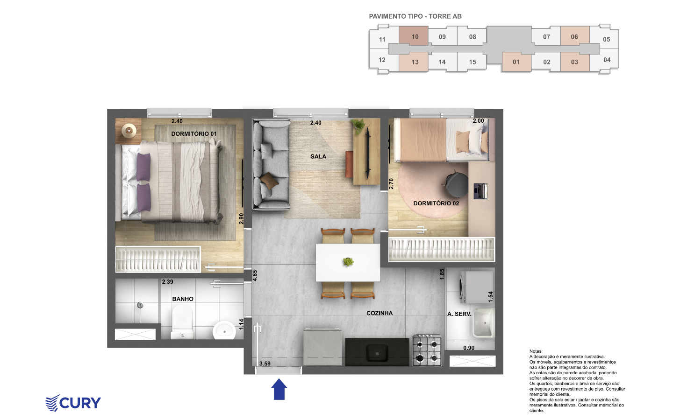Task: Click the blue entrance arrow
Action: pyautogui.click(x=279, y=389)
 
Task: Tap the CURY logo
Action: pyautogui.click(x=73, y=403)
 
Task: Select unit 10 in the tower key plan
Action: pyautogui.click(x=414, y=36)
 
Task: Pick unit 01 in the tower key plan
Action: pyautogui.click(x=516, y=62)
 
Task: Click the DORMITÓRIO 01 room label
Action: pyautogui.click(x=194, y=134)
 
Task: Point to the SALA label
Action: pyautogui.click(x=318, y=156)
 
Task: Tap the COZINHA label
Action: pyautogui.click(x=379, y=313)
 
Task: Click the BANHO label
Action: pyautogui.click(x=183, y=299)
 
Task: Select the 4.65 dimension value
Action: pyautogui.click(x=255, y=276)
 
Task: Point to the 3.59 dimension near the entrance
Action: pyautogui.click(x=265, y=364)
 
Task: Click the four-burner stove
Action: pyautogui.click(x=427, y=350)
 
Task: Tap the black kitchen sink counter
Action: pyautogui.click(x=377, y=352)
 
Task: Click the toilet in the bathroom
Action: pyautogui.click(x=182, y=322)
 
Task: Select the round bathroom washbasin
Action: pyautogui.click(x=224, y=330)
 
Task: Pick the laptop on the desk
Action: pyautogui.click(x=480, y=191)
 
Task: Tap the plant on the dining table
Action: pyautogui.click(x=348, y=262)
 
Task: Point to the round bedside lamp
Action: pyautogui.click(x=129, y=131)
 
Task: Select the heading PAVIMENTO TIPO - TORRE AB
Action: pyautogui.click(x=415, y=16)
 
